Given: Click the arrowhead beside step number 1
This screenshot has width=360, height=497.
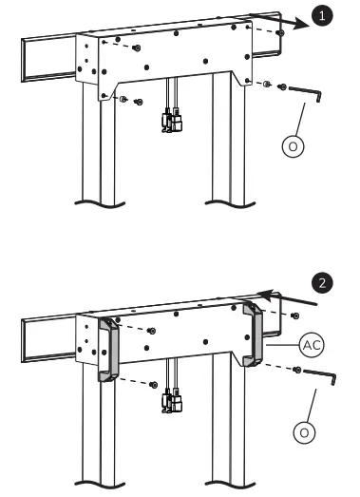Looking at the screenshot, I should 309,28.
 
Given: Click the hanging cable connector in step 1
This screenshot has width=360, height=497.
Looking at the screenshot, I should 175,122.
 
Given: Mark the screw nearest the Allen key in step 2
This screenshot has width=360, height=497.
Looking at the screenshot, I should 298,369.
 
